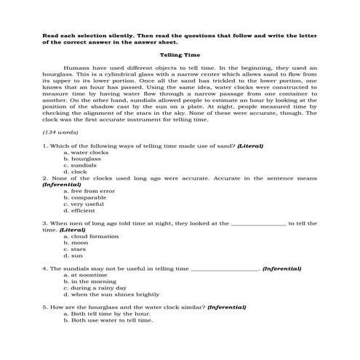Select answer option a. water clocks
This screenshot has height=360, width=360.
86,153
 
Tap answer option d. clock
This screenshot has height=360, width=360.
76,172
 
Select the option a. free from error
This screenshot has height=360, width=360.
89,191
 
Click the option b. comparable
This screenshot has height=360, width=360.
85,198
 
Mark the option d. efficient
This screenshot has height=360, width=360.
79,211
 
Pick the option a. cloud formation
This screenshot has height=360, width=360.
91,236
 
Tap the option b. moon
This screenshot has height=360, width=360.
76,243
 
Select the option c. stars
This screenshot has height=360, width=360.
76,249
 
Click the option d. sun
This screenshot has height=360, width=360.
73,256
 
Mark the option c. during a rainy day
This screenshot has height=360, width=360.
95,288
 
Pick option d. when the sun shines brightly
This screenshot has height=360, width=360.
111,295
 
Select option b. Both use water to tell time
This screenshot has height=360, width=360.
108,320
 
